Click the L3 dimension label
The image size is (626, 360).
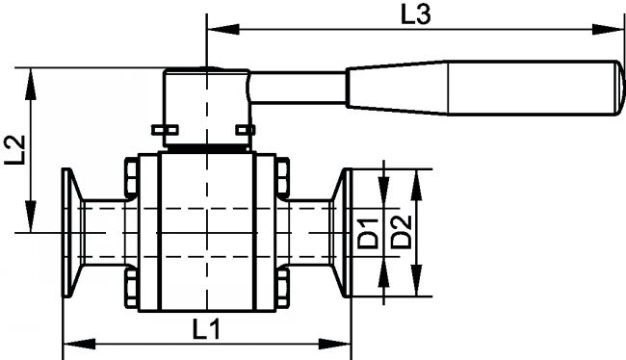(x=416, y=15)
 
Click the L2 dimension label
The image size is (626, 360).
(x=15, y=150)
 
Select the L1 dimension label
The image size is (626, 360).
(x=206, y=329)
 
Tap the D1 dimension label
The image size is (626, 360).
(x=367, y=233)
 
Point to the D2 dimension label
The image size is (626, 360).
(x=401, y=232)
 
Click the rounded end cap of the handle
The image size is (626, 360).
(x=619, y=88)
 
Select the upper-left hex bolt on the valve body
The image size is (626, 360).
(x=132, y=178)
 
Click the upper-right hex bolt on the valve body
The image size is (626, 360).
(x=282, y=178)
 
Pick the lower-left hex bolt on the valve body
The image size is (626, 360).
(x=132, y=288)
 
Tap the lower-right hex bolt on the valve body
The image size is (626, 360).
(x=282, y=288)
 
